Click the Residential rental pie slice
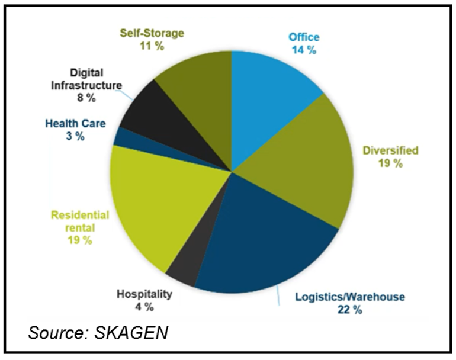tap(154, 201)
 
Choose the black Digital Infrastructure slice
tap(148, 112)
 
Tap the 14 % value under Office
tap(304, 50)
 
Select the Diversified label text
tap(390, 150)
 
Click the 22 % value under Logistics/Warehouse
tap(349, 310)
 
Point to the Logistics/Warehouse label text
tap(350, 297)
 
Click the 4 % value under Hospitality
tap(144, 307)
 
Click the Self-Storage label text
tap(152, 33)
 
